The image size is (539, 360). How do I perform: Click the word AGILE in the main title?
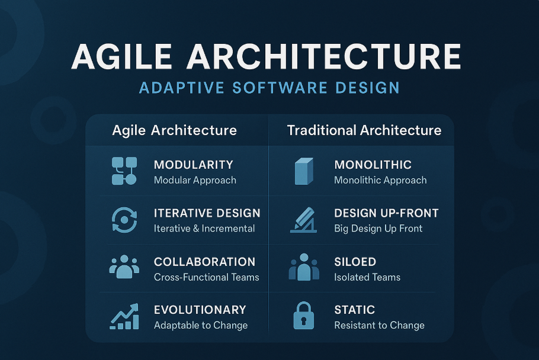(121, 56)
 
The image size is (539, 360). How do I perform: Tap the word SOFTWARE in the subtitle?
(280, 88)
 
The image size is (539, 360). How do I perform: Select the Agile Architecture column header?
(174, 130)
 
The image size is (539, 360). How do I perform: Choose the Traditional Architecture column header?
(364, 130)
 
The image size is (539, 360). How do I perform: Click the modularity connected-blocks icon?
(124, 171)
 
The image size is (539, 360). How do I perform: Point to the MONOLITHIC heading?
(373, 165)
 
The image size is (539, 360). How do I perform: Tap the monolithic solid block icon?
(304, 171)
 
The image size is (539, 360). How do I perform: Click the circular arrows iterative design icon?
(124, 220)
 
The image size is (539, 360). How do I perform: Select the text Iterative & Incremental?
(204, 229)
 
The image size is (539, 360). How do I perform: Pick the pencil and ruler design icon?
(303, 220)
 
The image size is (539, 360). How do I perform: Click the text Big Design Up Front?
(378, 229)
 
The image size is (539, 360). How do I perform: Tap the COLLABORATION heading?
(204, 262)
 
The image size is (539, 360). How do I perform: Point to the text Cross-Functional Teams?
(206, 277)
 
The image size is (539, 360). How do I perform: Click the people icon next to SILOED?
(304, 267)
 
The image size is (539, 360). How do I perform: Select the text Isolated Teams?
(367, 277)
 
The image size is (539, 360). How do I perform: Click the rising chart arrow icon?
(124, 316)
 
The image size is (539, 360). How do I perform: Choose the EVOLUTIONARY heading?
(200, 310)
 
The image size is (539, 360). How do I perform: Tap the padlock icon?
(303, 316)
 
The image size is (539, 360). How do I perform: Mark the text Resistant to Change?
(379, 325)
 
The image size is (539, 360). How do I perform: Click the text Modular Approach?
(195, 180)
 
